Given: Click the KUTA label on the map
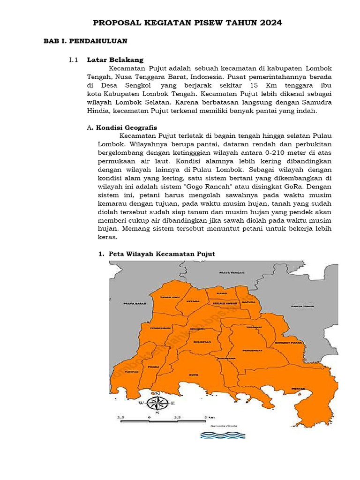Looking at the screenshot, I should click(x=193, y=375).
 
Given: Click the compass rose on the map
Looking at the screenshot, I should click(x=157, y=403).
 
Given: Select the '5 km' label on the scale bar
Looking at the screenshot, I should click(x=210, y=416).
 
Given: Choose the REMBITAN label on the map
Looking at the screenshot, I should click(x=201, y=343).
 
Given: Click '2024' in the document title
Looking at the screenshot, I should click(x=269, y=22).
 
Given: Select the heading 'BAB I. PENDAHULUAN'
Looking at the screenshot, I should click(x=85, y=41).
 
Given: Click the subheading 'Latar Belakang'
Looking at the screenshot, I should click(x=115, y=60).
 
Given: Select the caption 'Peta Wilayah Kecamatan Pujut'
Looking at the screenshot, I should click(x=162, y=254).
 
